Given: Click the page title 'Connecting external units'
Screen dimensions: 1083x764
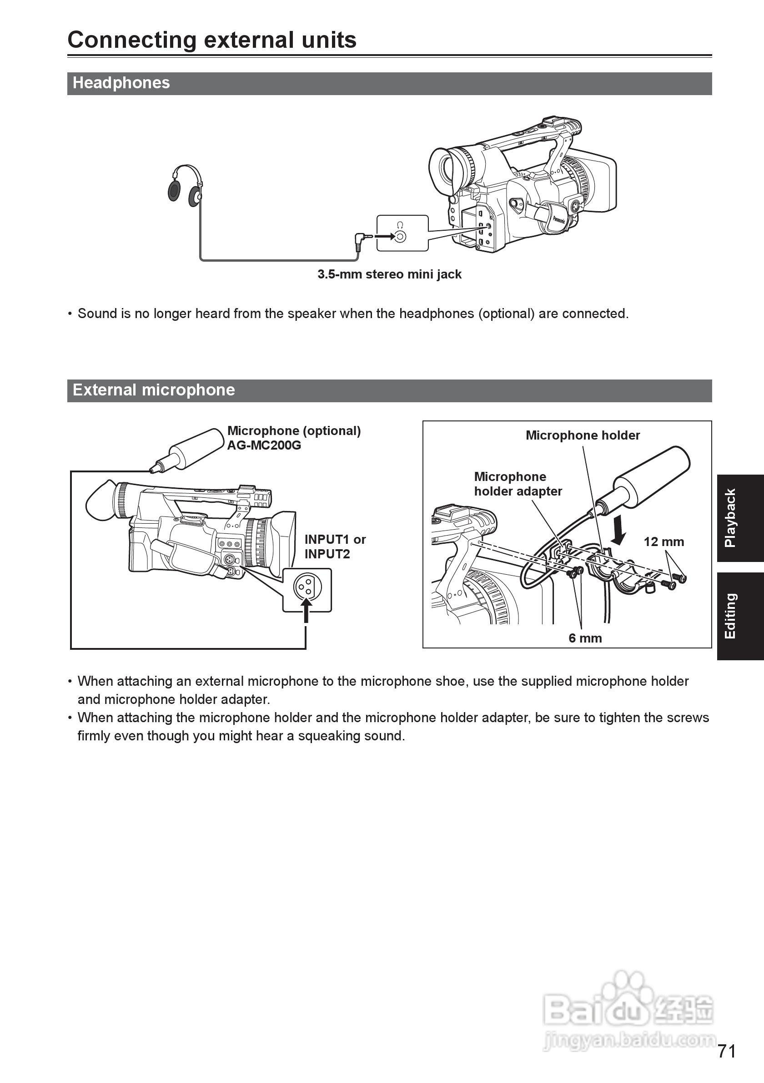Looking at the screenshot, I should click(211, 40).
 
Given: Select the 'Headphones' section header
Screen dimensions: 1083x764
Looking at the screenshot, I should click(121, 83).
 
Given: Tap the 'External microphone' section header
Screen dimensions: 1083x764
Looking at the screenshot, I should click(154, 390).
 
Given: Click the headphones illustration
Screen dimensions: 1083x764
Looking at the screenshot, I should click(185, 186).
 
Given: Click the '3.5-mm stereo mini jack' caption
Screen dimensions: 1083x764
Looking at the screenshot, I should click(389, 274).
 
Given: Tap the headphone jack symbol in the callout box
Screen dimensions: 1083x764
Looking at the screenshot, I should click(400, 236).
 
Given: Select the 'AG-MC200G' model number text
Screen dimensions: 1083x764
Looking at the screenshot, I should click(264, 446).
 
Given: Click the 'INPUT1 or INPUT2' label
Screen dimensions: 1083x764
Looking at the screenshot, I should click(335, 547).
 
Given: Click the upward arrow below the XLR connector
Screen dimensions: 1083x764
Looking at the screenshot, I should click(307, 610).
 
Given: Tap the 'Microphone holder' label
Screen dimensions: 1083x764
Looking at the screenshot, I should click(583, 435).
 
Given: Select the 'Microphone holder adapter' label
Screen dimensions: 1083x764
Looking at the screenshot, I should click(518, 484).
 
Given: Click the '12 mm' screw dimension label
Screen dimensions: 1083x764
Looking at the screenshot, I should click(663, 542).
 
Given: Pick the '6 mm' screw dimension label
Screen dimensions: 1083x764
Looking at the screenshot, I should click(585, 638).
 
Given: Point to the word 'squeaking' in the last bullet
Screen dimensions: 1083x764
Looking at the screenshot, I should click(328, 736).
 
